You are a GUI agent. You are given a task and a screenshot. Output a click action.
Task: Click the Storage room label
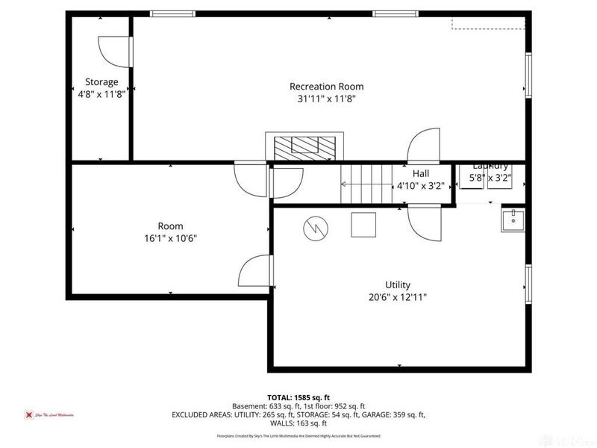click(101, 82)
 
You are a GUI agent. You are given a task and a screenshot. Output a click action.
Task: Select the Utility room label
click(397, 284)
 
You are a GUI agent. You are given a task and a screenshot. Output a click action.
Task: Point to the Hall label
click(421, 173)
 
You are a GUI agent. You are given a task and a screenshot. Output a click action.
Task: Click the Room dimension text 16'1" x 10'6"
click(170, 239)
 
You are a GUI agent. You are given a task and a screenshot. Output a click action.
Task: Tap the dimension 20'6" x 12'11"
click(397, 296)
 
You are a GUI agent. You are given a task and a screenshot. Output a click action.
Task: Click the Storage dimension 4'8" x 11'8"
click(101, 94)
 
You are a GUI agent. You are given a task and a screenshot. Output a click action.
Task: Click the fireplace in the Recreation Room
click(305, 146)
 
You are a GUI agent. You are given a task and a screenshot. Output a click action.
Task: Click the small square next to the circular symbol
click(364, 224)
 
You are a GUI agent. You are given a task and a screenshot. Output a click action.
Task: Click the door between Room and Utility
click(258, 272)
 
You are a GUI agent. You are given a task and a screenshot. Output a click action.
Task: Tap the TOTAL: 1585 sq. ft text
click(298, 397)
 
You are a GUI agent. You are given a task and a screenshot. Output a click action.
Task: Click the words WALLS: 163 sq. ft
click(298, 423)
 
